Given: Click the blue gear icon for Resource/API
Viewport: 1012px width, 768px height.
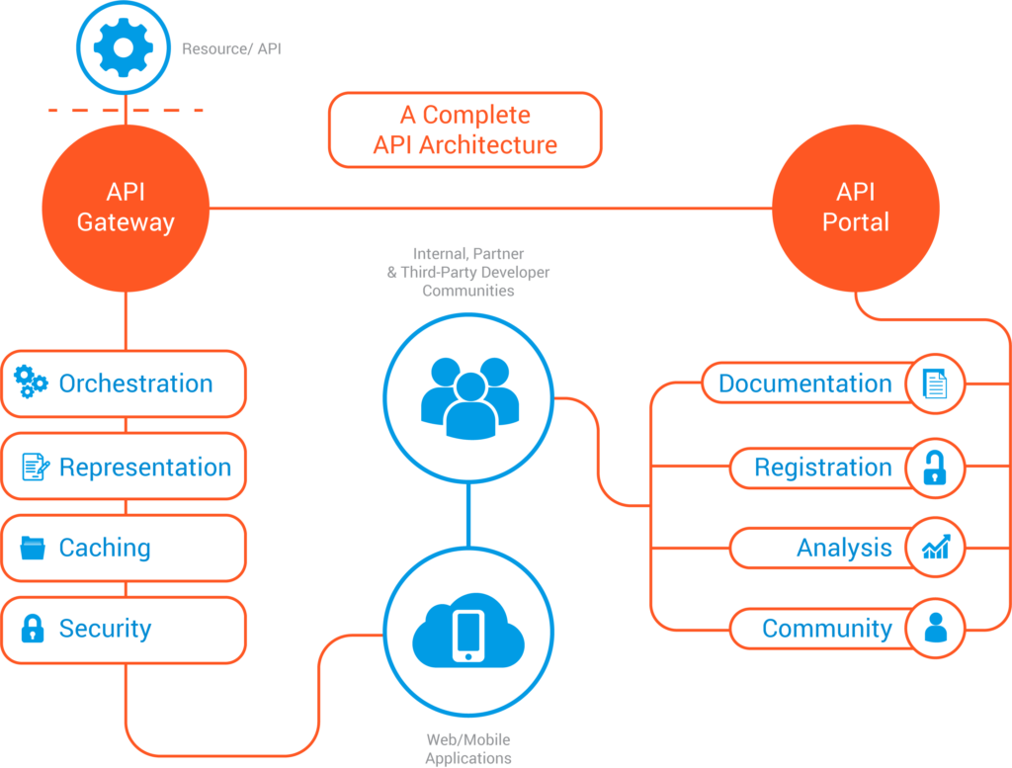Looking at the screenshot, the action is click(124, 47).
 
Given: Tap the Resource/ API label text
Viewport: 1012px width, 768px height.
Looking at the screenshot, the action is click(231, 49).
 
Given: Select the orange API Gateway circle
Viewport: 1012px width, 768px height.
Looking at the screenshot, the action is click(126, 208).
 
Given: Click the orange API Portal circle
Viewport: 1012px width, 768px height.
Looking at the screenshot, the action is click(856, 208).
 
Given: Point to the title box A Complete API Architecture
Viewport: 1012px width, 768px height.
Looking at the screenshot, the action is click(465, 129).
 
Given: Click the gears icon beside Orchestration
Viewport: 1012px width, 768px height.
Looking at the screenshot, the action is click(31, 382).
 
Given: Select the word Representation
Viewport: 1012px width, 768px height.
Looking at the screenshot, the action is click(145, 467).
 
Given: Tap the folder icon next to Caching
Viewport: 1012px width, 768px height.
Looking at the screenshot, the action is click(33, 548).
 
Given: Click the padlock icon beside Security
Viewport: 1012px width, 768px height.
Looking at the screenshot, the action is click(33, 629).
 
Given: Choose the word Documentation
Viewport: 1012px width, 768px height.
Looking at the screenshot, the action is click(805, 384).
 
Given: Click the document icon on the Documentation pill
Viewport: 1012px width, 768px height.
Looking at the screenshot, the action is click(935, 384).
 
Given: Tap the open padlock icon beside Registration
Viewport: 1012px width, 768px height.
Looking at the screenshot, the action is click(935, 468).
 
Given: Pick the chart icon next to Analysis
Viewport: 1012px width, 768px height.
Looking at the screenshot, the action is click(936, 547).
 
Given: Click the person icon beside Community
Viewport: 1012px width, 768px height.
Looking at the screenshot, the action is click(936, 627).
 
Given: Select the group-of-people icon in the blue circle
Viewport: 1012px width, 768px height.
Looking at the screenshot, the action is click(469, 398).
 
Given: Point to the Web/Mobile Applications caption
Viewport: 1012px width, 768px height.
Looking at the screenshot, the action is click(468, 748).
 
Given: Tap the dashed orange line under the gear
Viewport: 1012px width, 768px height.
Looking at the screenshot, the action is click(126, 111).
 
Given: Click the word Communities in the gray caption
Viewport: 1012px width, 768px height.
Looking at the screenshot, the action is click(468, 291).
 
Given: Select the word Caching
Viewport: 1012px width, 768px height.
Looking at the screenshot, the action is click(105, 548).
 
